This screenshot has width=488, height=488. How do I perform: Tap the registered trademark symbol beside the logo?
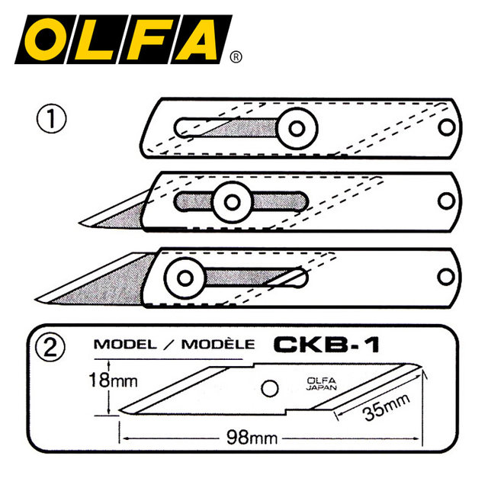[x=236, y=56]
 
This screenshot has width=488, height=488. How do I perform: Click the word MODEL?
[x=122, y=344]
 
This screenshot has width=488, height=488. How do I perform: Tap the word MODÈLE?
[x=217, y=344]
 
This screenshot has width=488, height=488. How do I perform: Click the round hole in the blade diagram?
[x=267, y=387]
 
